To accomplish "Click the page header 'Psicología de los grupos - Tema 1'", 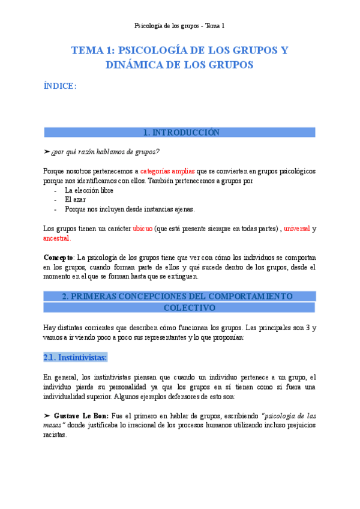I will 179,26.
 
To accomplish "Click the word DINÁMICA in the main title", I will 132,64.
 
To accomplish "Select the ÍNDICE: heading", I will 60,86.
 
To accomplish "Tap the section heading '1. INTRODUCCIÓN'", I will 181,133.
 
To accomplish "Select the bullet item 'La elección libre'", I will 89,190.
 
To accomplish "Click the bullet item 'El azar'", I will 76,199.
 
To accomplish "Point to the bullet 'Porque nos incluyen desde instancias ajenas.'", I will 130,209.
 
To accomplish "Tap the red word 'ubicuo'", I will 142,229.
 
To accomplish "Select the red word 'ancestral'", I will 56,238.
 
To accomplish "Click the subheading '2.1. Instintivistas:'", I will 75,358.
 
